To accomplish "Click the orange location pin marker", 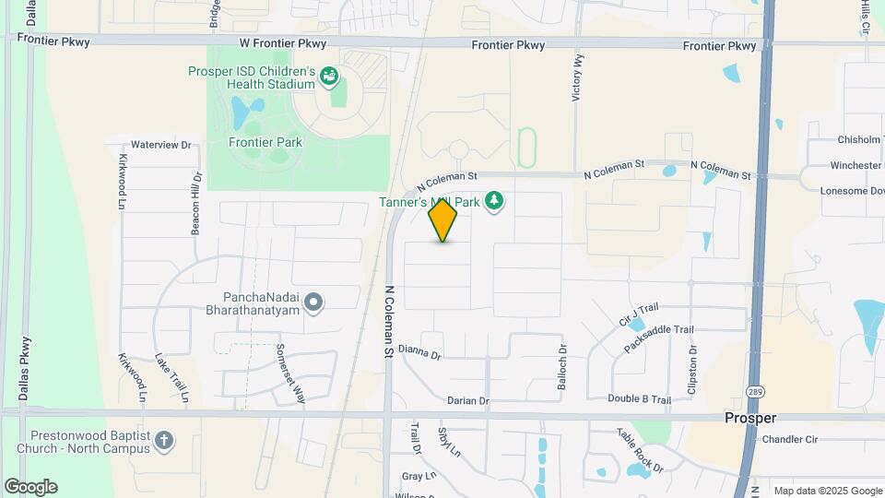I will [442, 220].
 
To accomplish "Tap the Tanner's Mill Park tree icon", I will [495, 200].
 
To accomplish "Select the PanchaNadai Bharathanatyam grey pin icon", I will [313, 302].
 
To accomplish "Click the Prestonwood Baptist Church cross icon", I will [164, 440].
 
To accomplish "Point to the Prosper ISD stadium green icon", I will [329, 79].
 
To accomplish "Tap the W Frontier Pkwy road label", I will [283, 43].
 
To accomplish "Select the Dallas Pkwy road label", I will [24, 363].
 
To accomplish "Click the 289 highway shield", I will [754, 391].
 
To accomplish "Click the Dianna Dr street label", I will [420, 352].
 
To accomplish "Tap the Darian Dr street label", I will [467, 400].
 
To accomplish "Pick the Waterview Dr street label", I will [160, 145].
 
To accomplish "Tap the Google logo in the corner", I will [30, 487].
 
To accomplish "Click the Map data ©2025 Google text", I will [828, 491].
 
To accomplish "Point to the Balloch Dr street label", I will [561, 368].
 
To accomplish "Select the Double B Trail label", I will [639, 398].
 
